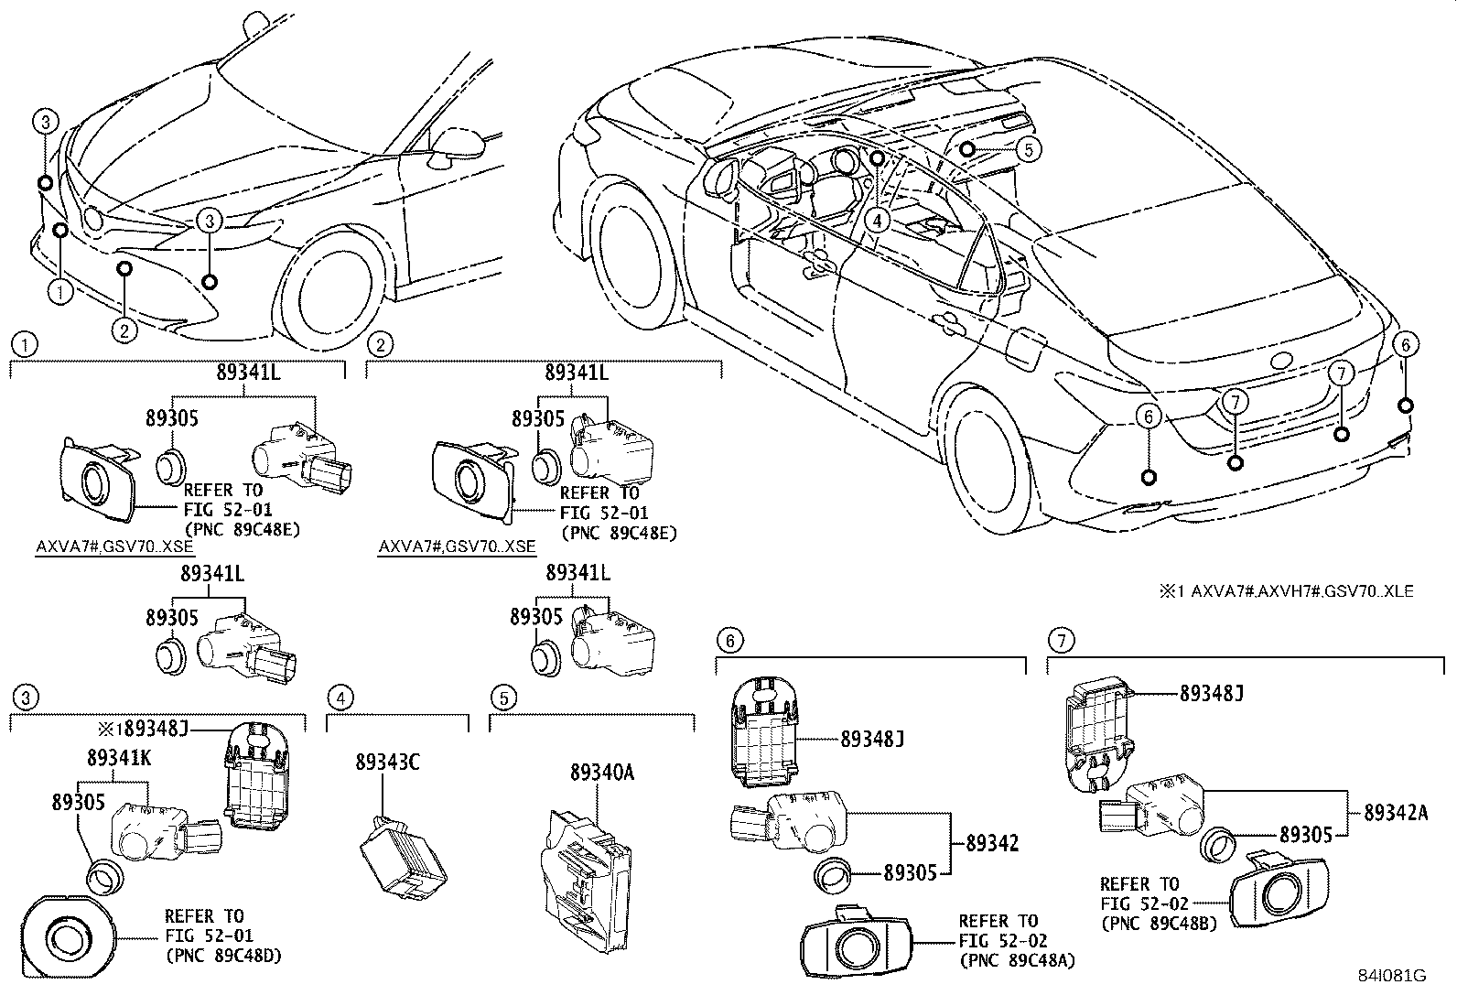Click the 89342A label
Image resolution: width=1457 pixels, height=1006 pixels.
click(1395, 812)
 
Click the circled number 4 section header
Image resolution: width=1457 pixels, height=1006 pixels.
click(340, 698)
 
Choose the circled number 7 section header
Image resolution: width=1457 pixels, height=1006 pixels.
click(1060, 640)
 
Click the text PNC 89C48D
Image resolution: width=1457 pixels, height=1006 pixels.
click(223, 956)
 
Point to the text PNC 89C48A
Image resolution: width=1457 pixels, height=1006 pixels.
click(1017, 960)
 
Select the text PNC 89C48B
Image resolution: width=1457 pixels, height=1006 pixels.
click(1158, 924)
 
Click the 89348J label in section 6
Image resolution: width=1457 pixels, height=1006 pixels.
click(871, 738)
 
